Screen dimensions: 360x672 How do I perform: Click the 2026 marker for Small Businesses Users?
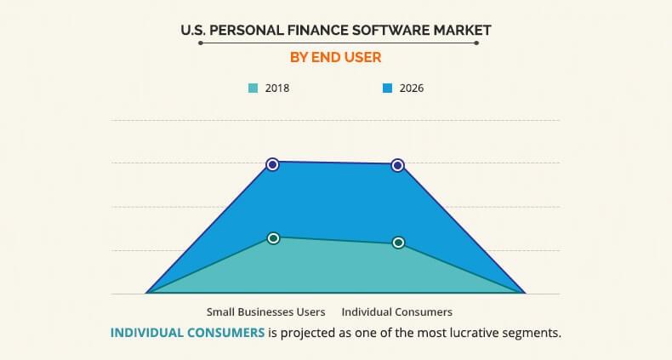[x=272, y=164]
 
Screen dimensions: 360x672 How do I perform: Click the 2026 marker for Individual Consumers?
[x=397, y=165]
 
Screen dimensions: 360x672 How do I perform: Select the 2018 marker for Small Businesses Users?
[x=273, y=238]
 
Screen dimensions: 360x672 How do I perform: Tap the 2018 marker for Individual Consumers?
[x=398, y=243]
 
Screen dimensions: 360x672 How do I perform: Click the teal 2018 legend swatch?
[x=253, y=88]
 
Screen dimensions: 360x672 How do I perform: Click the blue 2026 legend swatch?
[x=387, y=88]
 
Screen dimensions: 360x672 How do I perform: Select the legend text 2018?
[x=277, y=88]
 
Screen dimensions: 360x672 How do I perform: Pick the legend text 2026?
[x=411, y=88]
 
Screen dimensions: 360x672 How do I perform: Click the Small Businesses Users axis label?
[x=265, y=311]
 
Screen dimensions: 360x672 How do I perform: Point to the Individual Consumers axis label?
[x=397, y=311]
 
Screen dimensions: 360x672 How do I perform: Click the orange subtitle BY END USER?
[x=336, y=58]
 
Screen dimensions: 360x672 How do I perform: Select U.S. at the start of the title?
[x=192, y=30]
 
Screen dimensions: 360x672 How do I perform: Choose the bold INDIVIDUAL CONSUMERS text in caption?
[x=187, y=333]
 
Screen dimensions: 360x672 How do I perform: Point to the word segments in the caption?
[x=532, y=333]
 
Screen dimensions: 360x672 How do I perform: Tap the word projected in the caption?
[x=311, y=333]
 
